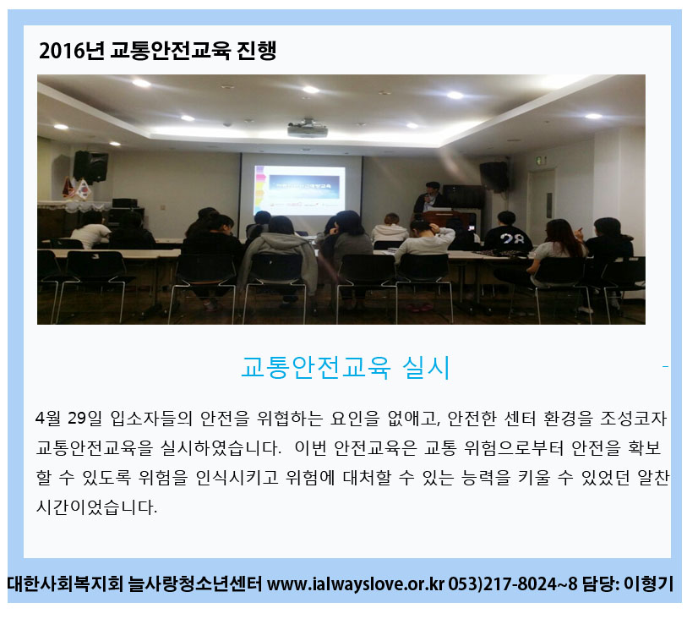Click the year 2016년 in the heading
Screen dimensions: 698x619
(x=72, y=51)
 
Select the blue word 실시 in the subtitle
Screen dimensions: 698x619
(x=426, y=368)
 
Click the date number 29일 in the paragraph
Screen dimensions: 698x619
(x=85, y=418)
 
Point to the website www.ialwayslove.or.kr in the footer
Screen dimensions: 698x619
(x=356, y=583)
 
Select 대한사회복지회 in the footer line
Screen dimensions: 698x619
(x=65, y=583)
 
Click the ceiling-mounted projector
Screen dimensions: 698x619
(x=308, y=129)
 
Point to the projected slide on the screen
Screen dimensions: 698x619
(x=300, y=190)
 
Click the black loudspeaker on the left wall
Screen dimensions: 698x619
(x=90, y=166)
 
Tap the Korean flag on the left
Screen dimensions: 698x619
(x=84, y=189)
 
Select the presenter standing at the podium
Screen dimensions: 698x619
(x=429, y=197)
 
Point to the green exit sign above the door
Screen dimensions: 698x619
(x=541, y=161)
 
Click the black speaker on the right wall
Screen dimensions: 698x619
(x=494, y=176)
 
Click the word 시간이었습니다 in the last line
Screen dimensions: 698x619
(x=96, y=507)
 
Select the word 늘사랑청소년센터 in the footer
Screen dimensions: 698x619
(x=195, y=583)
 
